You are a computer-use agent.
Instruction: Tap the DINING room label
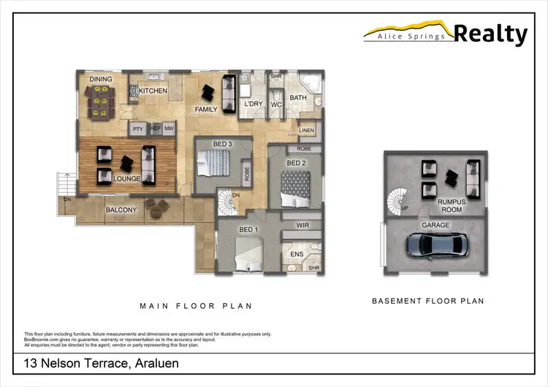100,79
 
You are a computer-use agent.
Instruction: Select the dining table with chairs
101,99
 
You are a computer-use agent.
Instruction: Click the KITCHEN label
153,91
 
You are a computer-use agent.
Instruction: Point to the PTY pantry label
137,129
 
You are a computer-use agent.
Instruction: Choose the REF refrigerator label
155,129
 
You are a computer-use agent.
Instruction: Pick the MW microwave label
170,129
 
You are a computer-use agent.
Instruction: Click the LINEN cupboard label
307,131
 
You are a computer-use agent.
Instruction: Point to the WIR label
302,226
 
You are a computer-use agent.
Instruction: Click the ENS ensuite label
297,253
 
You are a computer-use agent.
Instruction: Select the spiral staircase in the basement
400,199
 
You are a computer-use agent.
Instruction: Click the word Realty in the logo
490,34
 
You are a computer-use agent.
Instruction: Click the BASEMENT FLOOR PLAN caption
427,301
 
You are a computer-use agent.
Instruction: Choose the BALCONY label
121,210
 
